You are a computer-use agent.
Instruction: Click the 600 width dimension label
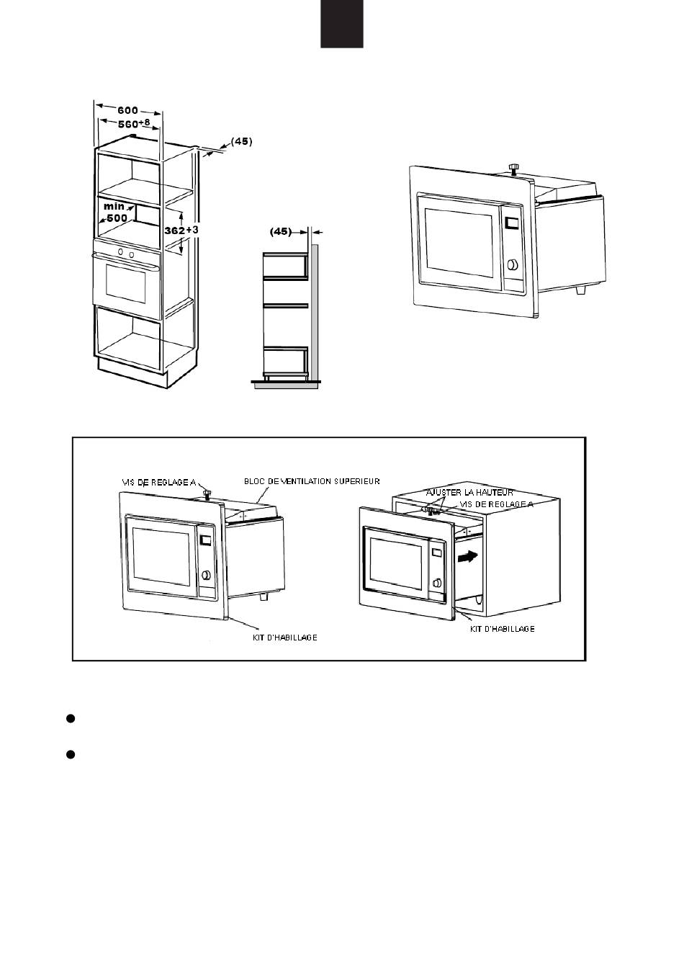point(127,110)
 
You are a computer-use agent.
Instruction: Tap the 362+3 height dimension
point(181,230)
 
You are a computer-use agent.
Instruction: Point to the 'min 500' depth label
point(115,213)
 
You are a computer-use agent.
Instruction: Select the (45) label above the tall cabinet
point(241,141)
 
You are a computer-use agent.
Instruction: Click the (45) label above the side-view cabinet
point(280,232)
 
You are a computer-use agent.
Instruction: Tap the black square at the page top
point(342,23)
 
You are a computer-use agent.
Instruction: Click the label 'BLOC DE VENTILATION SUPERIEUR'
point(312,481)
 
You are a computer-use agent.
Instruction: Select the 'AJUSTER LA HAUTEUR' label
point(469,492)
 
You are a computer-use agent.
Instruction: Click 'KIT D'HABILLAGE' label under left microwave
point(284,638)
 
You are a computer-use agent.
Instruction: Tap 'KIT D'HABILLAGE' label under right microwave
point(502,629)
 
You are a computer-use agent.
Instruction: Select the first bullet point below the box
point(71,718)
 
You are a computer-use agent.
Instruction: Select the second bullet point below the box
point(71,754)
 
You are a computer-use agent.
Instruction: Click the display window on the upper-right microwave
point(512,224)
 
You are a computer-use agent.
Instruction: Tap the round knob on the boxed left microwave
point(207,574)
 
